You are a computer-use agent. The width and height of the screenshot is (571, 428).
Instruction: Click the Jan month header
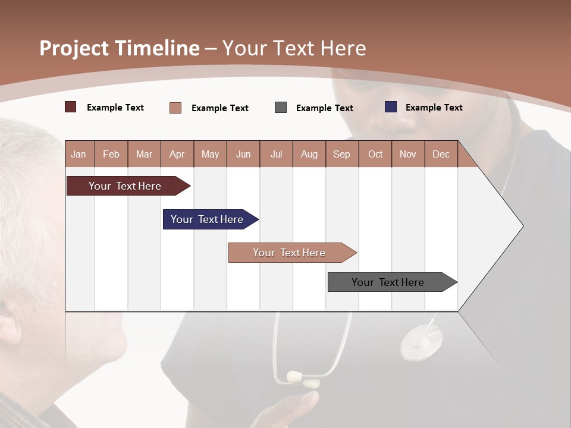pos(79,154)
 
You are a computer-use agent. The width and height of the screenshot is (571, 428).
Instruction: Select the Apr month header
pos(177,154)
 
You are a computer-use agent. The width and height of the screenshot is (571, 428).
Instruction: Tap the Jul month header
pos(276,154)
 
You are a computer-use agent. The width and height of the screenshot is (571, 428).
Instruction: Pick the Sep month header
pos(341,154)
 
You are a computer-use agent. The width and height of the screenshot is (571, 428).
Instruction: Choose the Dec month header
pos(441,154)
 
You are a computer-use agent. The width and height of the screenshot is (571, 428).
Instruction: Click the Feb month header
pos(111,154)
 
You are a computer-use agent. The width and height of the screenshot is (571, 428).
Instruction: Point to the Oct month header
pos(375,154)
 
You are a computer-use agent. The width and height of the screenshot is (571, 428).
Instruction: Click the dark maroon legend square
pos(71,107)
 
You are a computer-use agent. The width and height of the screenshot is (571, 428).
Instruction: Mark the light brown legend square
pos(175,108)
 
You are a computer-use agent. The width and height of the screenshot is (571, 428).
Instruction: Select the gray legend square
pos(281,108)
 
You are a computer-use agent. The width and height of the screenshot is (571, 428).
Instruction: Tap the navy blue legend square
pos(391,107)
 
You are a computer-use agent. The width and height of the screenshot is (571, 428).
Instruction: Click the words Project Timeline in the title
pos(120,48)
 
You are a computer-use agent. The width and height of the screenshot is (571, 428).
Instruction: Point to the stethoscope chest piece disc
pos(422,343)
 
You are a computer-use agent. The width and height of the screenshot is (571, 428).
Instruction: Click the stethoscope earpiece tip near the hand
pos(295,376)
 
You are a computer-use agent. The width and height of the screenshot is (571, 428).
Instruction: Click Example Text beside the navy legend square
pos(434,108)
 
